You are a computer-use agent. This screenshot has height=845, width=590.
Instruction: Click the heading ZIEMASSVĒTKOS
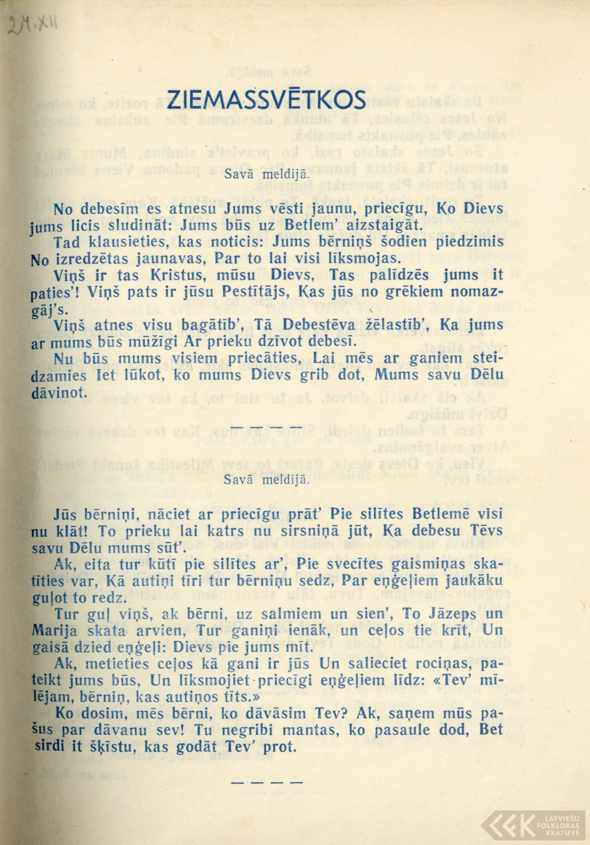pyautogui.click(x=266, y=100)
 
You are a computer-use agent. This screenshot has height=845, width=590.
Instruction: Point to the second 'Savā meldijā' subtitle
pyautogui.click(x=267, y=480)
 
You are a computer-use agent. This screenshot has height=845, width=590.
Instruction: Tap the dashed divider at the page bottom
pyautogui.click(x=267, y=782)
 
